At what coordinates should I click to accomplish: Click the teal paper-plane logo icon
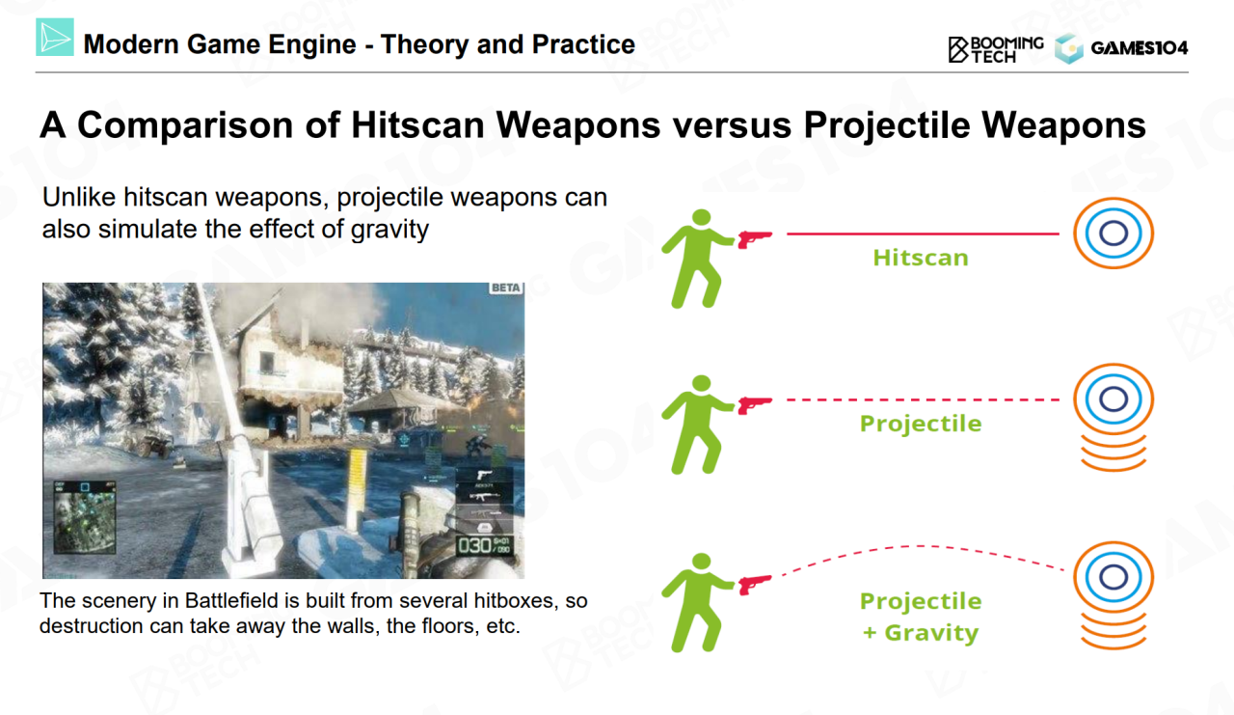point(55,37)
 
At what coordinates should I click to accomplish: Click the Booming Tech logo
point(996,49)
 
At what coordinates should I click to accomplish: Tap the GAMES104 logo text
point(1140,48)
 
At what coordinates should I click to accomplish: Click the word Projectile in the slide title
point(887,125)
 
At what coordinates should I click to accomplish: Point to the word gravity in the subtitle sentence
point(389,230)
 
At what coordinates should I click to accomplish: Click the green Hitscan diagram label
point(921,258)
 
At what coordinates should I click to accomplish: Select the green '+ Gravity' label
point(921,632)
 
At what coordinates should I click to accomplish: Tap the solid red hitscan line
point(923,234)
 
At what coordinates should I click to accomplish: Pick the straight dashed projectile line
point(923,399)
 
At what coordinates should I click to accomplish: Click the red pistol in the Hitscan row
point(755,238)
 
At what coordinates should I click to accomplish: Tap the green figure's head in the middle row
point(701,384)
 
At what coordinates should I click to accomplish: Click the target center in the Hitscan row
point(1113,233)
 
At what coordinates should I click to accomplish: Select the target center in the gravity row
point(1113,577)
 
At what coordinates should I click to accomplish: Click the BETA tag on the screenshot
point(506,288)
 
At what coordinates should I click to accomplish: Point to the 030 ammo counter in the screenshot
point(475,546)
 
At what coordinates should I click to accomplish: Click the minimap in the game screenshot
point(85,518)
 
